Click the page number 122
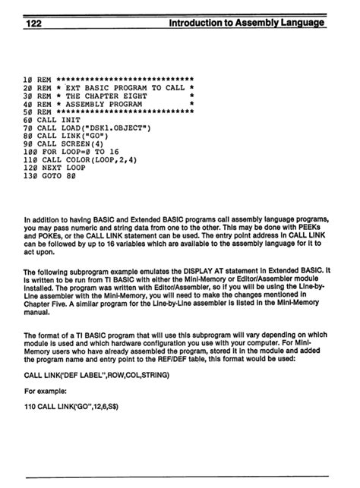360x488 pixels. (x=33, y=24)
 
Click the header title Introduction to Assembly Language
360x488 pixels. (x=248, y=24)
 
